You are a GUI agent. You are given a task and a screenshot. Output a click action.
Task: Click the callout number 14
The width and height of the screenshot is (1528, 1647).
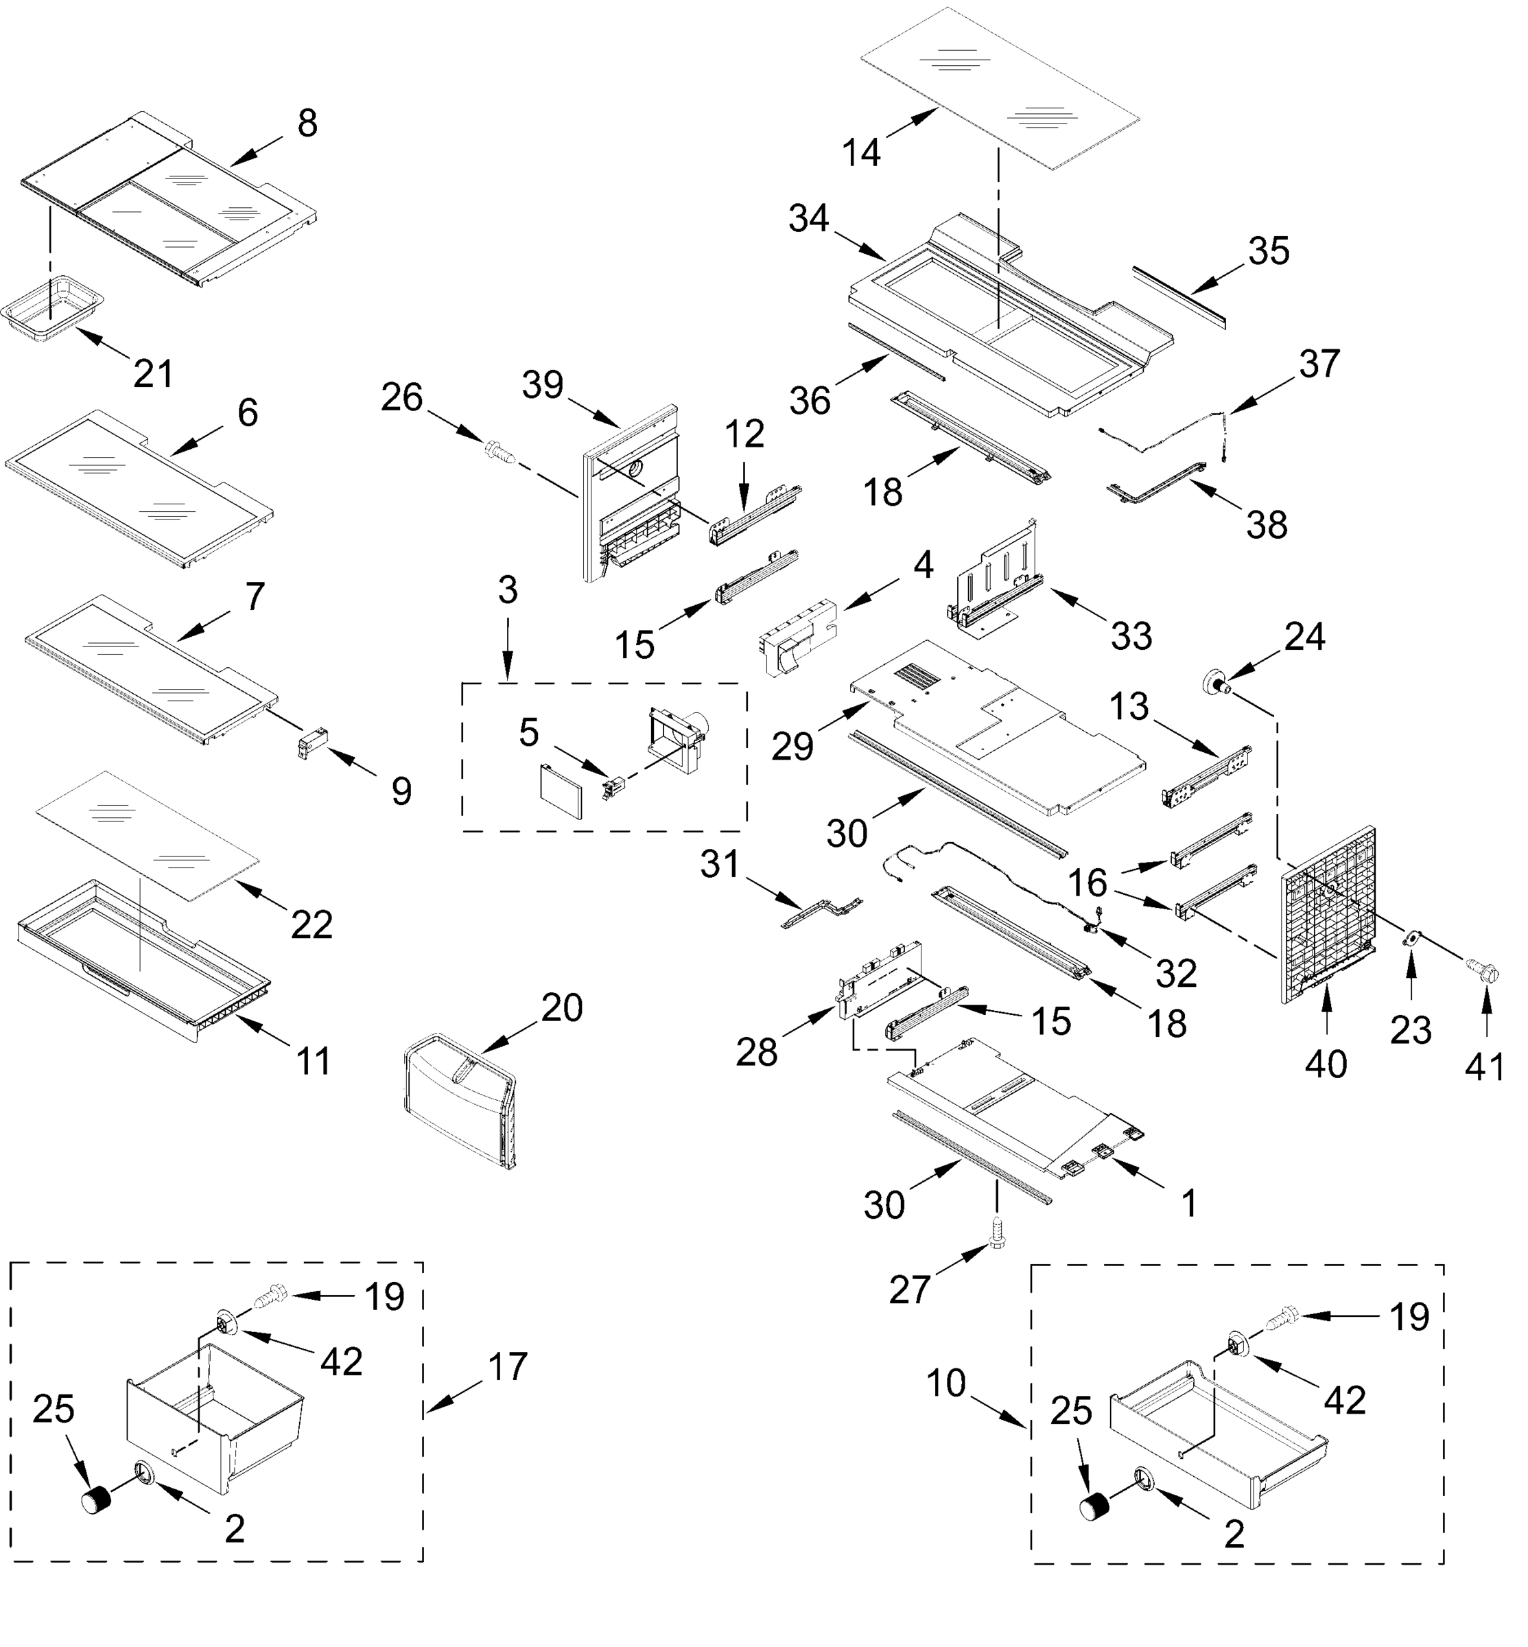click(862, 153)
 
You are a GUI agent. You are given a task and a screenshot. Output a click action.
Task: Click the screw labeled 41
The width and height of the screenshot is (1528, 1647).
click(1477, 966)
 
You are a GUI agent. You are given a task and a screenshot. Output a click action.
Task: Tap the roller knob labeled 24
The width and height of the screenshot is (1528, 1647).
click(1214, 684)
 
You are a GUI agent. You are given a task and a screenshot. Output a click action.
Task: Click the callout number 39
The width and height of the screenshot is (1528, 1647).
click(543, 385)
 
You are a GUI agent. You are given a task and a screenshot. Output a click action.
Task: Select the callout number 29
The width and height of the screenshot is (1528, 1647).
click(792, 747)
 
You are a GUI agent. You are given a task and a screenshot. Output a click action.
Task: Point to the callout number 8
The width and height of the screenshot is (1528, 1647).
click(307, 124)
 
